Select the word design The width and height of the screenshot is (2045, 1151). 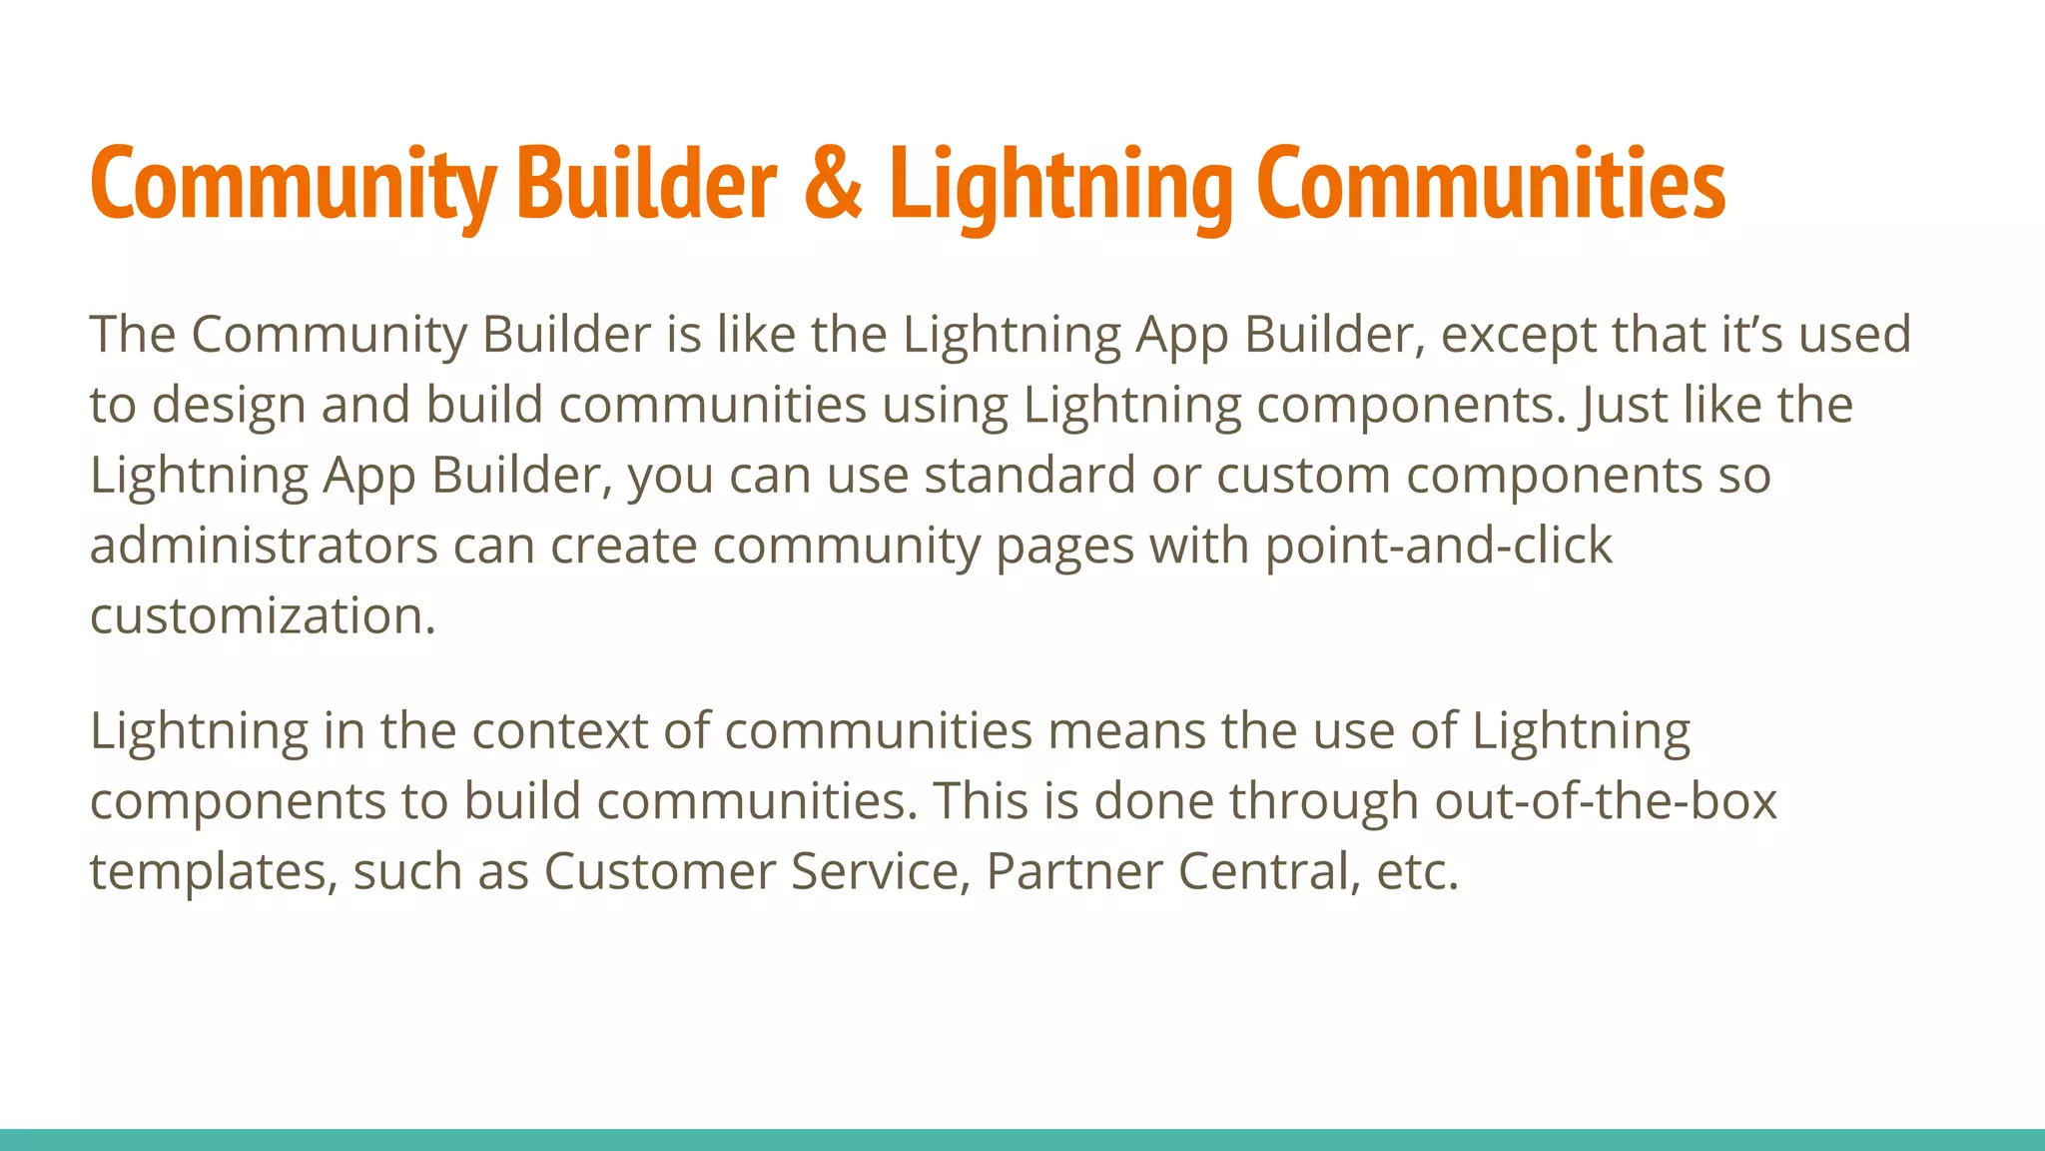coord(229,406)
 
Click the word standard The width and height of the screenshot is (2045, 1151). coord(1028,476)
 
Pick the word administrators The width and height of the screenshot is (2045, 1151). coord(264,547)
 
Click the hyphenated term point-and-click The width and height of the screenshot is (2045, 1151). coord(1438,547)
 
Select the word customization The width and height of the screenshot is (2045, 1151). coord(263,616)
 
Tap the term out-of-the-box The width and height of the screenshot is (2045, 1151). coord(1605,801)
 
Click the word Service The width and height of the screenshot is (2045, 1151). coord(874,871)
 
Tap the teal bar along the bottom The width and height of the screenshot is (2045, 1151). coord(1022,1140)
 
